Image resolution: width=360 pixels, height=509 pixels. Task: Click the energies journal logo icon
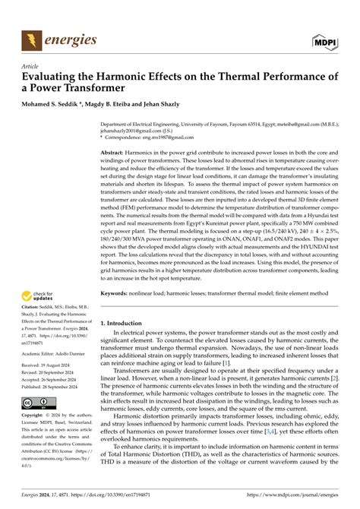(x=30, y=37)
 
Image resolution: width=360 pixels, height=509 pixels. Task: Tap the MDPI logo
(x=327, y=38)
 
